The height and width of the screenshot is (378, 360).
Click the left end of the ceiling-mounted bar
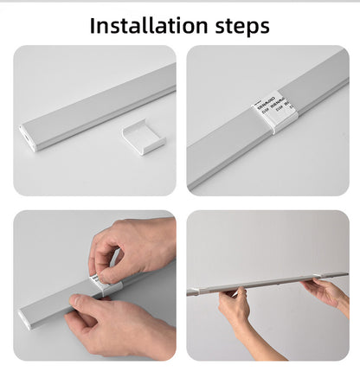[x=192, y=292]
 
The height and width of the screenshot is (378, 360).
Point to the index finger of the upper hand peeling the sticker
[x=100, y=263]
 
